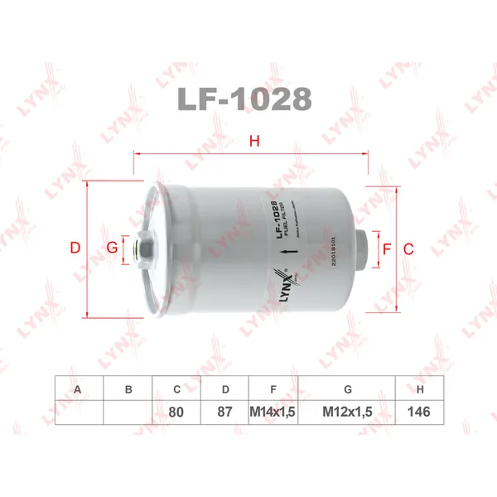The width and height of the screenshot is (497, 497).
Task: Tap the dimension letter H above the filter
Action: pos(254,142)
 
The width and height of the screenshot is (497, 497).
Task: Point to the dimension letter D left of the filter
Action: pos(75,248)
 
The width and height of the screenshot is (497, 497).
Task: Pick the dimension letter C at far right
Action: pos(408,248)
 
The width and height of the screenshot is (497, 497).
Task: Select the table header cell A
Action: pos(78,388)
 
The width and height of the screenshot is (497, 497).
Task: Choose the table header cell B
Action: pos(128,388)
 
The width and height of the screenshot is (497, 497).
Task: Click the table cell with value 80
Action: pos(176,411)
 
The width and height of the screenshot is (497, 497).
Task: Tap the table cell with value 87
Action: pos(224,411)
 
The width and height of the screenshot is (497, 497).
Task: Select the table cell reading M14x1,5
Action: pos(273,411)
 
